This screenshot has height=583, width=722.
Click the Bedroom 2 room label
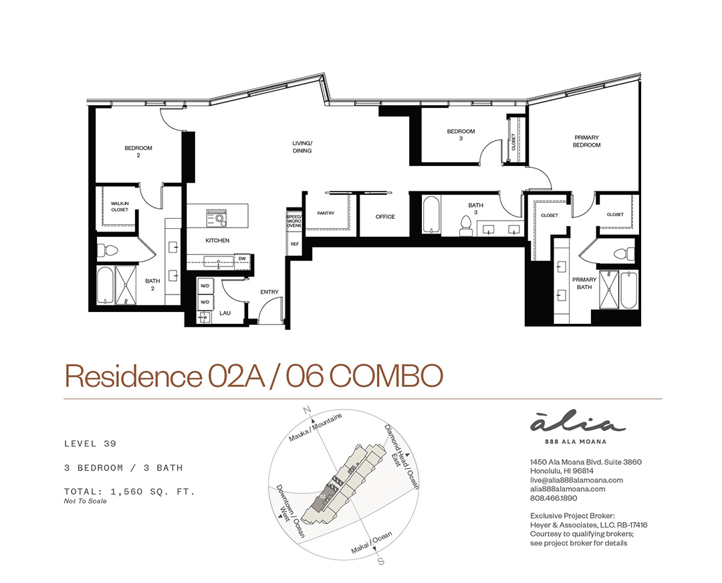coord(138,152)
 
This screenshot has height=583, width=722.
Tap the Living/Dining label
coord(302,147)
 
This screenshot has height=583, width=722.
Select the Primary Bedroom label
coord(587,141)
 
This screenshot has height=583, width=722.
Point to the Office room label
coord(385,217)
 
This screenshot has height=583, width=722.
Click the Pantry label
coord(326,214)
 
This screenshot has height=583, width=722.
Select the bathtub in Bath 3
coord(431,216)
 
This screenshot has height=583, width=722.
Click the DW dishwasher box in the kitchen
coord(242,258)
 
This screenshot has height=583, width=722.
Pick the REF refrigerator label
coord(295,244)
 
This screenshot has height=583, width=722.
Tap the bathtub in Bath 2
coord(105,285)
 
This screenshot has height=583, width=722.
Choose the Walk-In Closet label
coord(120,206)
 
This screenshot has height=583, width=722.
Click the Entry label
coord(269,292)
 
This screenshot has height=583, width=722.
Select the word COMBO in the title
coord(386,376)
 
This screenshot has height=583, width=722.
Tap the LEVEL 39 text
coord(90,444)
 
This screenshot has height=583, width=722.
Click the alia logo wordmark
coord(578,424)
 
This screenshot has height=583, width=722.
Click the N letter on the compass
coord(307,410)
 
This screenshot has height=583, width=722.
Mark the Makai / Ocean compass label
coord(372,542)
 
